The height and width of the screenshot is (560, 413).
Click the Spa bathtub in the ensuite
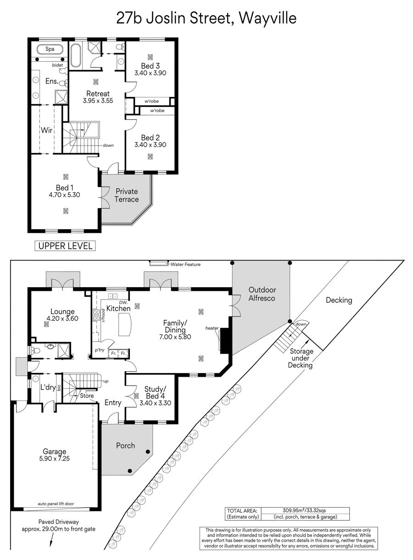pyautogui.click(x=50, y=49)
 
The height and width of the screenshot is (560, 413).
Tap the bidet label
pyautogui.click(x=57, y=65)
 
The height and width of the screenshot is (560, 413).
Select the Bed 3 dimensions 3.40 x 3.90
pyautogui.click(x=150, y=73)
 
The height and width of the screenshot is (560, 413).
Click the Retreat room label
pyautogui.click(x=98, y=93)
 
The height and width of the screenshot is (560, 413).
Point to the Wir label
pyautogui.click(x=47, y=130)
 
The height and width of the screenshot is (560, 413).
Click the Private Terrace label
pyautogui.click(x=126, y=195)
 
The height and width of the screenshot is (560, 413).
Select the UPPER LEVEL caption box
pyautogui.click(x=65, y=246)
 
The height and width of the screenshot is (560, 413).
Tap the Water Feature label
pyautogui.click(x=186, y=264)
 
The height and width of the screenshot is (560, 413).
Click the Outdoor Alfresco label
pyautogui.click(x=262, y=294)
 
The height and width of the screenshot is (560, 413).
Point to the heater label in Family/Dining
pyautogui.click(x=212, y=328)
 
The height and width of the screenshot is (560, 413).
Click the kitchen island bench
pyautogui.click(x=125, y=324)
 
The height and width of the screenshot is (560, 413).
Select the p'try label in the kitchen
pyautogui.click(x=100, y=350)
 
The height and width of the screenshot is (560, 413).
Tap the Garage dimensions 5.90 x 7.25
pyautogui.click(x=55, y=458)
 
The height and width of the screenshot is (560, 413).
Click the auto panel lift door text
pyautogui.click(x=56, y=503)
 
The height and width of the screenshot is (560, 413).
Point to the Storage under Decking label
pyautogui.click(x=301, y=358)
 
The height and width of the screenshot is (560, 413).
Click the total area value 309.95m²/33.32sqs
pyautogui.click(x=304, y=510)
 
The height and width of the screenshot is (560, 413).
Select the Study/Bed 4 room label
pyautogui.click(x=155, y=392)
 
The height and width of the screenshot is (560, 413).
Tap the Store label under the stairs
pyautogui.click(x=87, y=396)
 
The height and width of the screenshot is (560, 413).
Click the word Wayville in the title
pyautogui.click(x=268, y=18)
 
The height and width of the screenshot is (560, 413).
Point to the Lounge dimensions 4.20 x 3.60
pyautogui.click(x=62, y=318)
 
